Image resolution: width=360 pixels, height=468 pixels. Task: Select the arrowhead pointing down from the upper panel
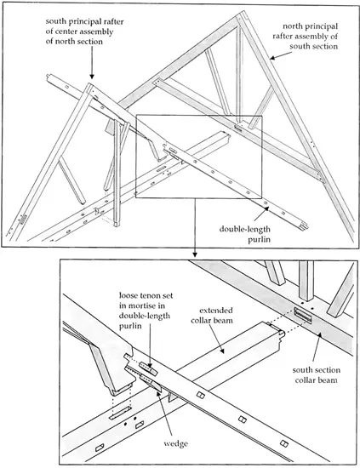click(195, 255)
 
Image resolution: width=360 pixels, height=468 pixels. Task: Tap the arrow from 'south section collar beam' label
click(317, 344)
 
